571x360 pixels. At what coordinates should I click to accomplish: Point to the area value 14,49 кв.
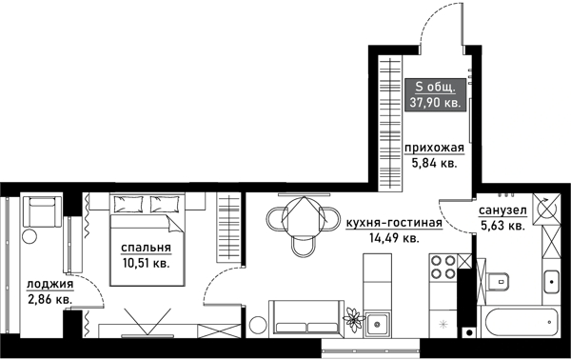(394, 240)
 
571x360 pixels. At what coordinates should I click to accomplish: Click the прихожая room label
(433, 148)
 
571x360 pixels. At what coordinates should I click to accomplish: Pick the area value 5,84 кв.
(433, 163)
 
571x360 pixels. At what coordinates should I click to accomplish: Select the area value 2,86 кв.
(49, 299)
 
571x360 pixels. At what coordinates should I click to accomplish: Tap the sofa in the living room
(304, 318)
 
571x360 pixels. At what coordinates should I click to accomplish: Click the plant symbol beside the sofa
(354, 317)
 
